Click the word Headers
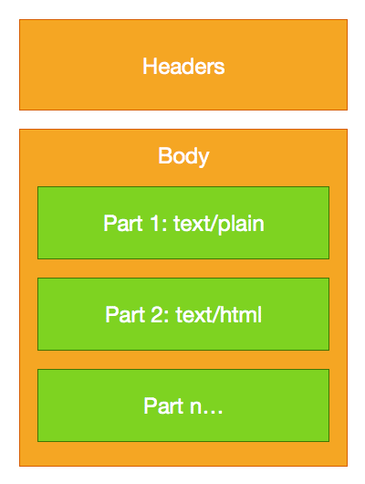point(183,66)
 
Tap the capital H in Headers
point(149,66)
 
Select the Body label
point(183,157)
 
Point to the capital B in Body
point(164,155)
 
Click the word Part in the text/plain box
point(123,223)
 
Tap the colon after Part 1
point(164,226)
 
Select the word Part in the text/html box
point(125,314)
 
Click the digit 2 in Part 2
point(157,314)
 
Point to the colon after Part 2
point(167,317)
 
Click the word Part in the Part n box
point(163,405)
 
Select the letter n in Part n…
point(196,407)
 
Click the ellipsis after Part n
point(214,412)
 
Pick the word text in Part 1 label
point(192,223)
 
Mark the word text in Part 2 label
point(193,314)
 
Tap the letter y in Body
point(203,159)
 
